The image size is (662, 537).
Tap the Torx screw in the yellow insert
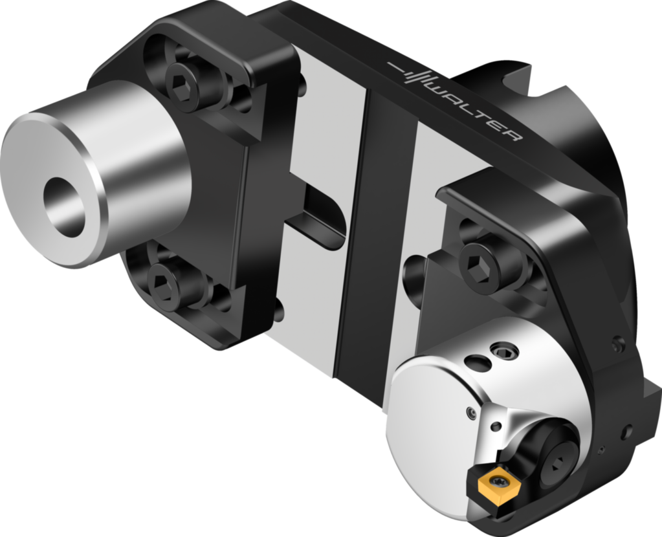click(x=498, y=482)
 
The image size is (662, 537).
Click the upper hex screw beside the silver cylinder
click(x=184, y=82)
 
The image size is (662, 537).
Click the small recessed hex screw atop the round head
click(x=505, y=351)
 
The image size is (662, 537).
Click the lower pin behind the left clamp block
click(x=278, y=311)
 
